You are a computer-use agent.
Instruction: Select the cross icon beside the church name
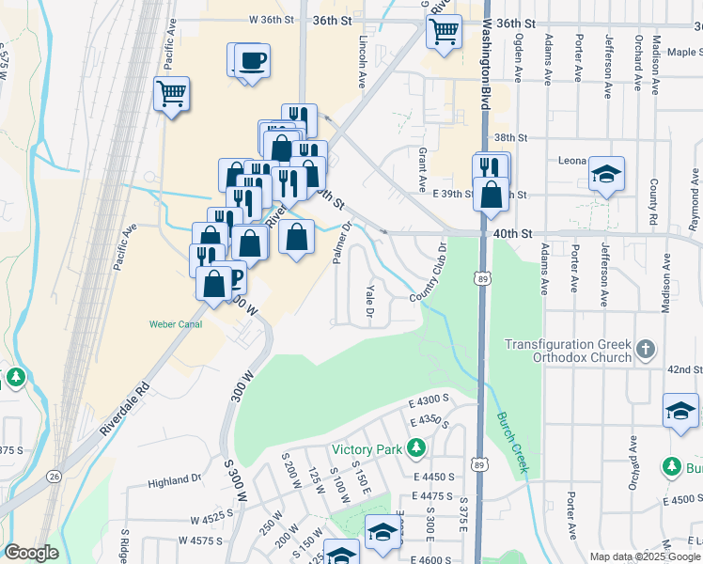[x=645, y=351]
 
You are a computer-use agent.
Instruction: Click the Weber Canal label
[x=175, y=324]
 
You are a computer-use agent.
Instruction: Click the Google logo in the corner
[x=31, y=553]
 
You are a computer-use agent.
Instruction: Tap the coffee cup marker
[x=252, y=62]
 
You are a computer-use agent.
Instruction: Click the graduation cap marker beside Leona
[x=607, y=175]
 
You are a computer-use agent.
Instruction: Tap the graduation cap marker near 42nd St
[x=680, y=411]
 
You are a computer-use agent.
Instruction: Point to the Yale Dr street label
[x=369, y=299]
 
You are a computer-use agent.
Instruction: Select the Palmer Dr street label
[x=340, y=243]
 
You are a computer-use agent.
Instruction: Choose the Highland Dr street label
[x=175, y=479]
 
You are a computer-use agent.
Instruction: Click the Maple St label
[x=682, y=52]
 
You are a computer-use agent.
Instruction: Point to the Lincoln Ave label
[x=362, y=64]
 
